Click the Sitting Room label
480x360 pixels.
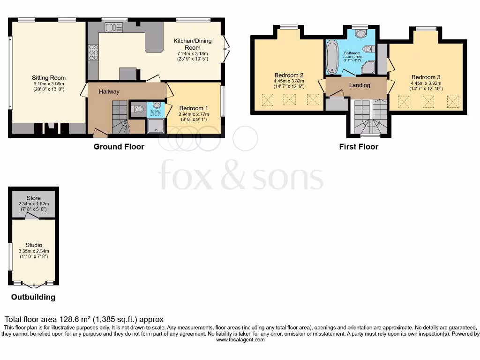(x=49, y=78)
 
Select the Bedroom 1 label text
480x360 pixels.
(x=194, y=108)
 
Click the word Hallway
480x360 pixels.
(x=108, y=92)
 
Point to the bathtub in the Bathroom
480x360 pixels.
(x=332, y=57)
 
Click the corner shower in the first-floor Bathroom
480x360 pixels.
(x=368, y=67)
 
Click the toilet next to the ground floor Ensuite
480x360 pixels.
(x=138, y=109)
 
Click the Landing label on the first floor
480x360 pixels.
(x=360, y=85)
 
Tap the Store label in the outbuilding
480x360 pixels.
(x=33, y=198)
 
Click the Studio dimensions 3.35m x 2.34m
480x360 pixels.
(x=34, y=251)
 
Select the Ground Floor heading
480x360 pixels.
(x=119, y=147)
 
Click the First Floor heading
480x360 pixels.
(x=359, y=147)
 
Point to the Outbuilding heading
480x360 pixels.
(x=33, y=297)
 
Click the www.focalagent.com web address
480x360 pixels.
(x=240, y=340)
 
